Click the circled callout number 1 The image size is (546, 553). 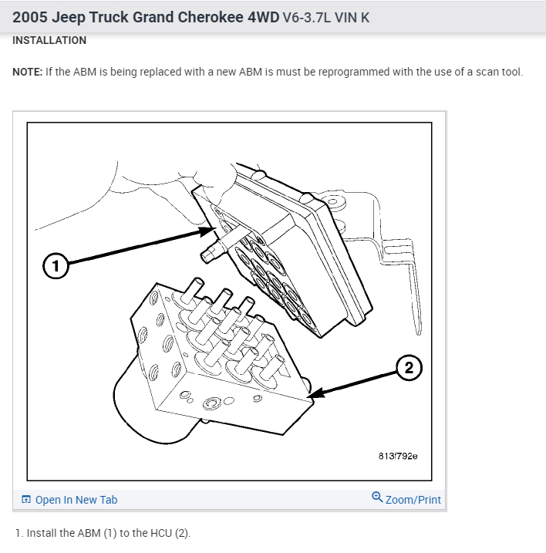54,267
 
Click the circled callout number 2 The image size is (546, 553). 409,369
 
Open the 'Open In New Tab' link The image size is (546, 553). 76,500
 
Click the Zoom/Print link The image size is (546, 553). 413,500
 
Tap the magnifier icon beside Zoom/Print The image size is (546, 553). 377,497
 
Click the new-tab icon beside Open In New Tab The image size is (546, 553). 27,500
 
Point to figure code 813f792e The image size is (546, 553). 398,456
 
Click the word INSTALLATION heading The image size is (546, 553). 49,40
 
